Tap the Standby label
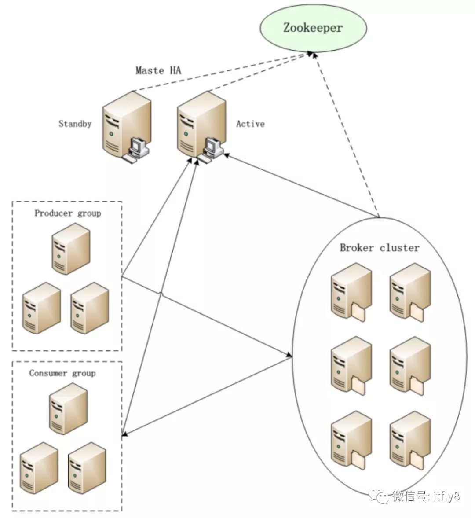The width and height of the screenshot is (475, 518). tap(75, 124)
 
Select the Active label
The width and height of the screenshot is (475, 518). tap(250, 124)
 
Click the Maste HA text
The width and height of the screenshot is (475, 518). tap(158, 70)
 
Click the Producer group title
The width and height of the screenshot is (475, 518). tap(68, 213)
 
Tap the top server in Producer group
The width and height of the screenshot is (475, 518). tap(71, 248)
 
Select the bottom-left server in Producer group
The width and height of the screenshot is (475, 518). tap(42, 308)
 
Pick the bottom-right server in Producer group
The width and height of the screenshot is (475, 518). tap(90, 308)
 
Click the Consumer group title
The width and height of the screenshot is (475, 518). tap(62, 373)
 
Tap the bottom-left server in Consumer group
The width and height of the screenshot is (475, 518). tap(39, 468)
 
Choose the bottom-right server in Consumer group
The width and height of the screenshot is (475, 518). tap(87, 468)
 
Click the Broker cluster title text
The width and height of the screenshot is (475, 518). tap(380, 248)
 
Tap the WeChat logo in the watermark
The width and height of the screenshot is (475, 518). tap(379, 496)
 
